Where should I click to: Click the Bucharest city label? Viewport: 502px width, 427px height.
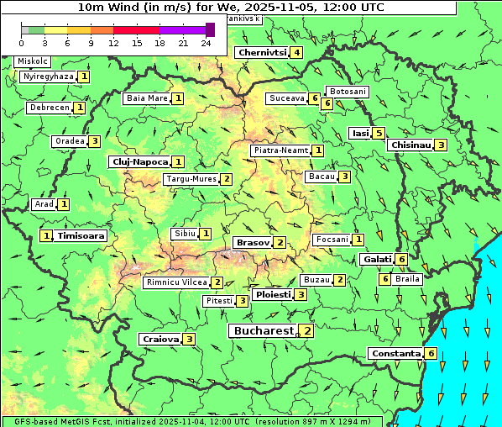[264, 331]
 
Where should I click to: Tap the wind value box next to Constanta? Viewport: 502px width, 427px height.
[431, 354]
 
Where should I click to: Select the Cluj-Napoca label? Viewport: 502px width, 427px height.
[139, 161]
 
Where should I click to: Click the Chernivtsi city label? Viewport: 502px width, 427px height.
[262, 53]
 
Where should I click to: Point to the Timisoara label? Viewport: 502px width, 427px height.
[81, 236]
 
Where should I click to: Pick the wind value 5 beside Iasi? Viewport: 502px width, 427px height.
[379, 133]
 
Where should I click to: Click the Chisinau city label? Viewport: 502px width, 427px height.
[410, 145]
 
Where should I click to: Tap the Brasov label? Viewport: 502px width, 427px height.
[253, 242]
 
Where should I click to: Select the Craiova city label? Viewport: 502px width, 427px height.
[160, 339]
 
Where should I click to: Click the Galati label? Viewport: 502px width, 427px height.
[377, 260]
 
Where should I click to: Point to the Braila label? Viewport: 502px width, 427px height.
[407, 278]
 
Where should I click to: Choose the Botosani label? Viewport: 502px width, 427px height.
[348, 91]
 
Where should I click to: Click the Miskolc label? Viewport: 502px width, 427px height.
[33, 61]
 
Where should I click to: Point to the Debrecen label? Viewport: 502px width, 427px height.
[49, 108]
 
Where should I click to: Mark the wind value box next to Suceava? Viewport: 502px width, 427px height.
[314, 99]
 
